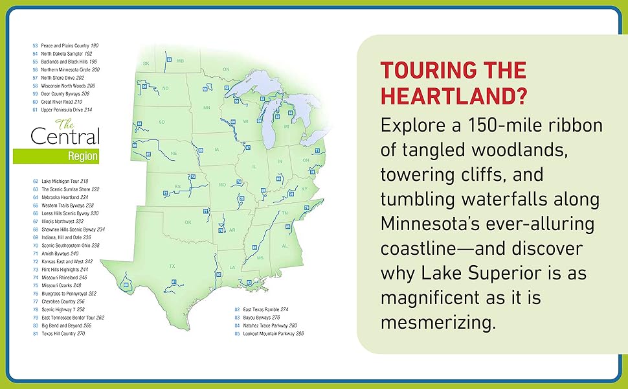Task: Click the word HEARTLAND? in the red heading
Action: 453,95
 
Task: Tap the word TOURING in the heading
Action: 425,70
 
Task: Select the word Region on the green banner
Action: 82,156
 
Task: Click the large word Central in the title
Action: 65,137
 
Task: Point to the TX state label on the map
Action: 172,266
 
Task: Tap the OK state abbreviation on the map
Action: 188,222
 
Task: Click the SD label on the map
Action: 162,122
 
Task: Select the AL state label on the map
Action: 284,246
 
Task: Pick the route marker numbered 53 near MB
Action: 169,60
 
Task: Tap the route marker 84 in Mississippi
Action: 254,247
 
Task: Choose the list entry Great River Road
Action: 62,102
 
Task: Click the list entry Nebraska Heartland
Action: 64,197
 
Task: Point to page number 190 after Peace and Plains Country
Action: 95,46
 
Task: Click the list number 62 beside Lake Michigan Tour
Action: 35,181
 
